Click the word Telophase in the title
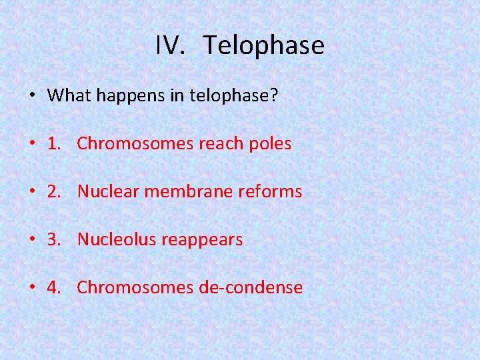click(264, 45)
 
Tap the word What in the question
click(69, 95)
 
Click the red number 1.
click(55, 143)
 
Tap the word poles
click(271, 143)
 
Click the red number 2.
click(55, 191)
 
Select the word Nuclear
click(108, 191)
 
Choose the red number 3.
click(55, 239)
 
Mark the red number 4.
click(55, 287)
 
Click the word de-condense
click(251, 287)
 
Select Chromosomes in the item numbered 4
click(135, 287)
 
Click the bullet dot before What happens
click(33, 96)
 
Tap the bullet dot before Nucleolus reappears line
click(33, 240)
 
